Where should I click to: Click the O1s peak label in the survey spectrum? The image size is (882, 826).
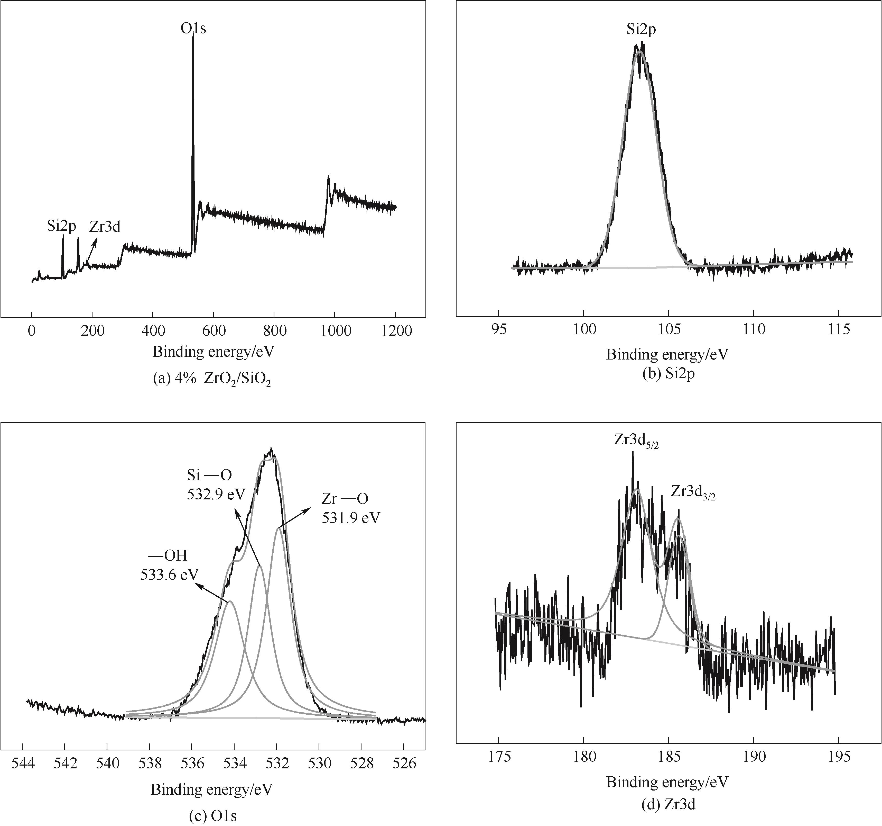193,29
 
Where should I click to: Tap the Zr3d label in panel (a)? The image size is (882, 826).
105,227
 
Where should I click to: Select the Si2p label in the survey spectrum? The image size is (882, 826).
62,226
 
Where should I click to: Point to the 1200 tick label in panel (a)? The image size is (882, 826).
395,331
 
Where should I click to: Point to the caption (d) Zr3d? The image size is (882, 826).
669,804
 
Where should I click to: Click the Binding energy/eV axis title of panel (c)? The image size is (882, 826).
212,789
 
